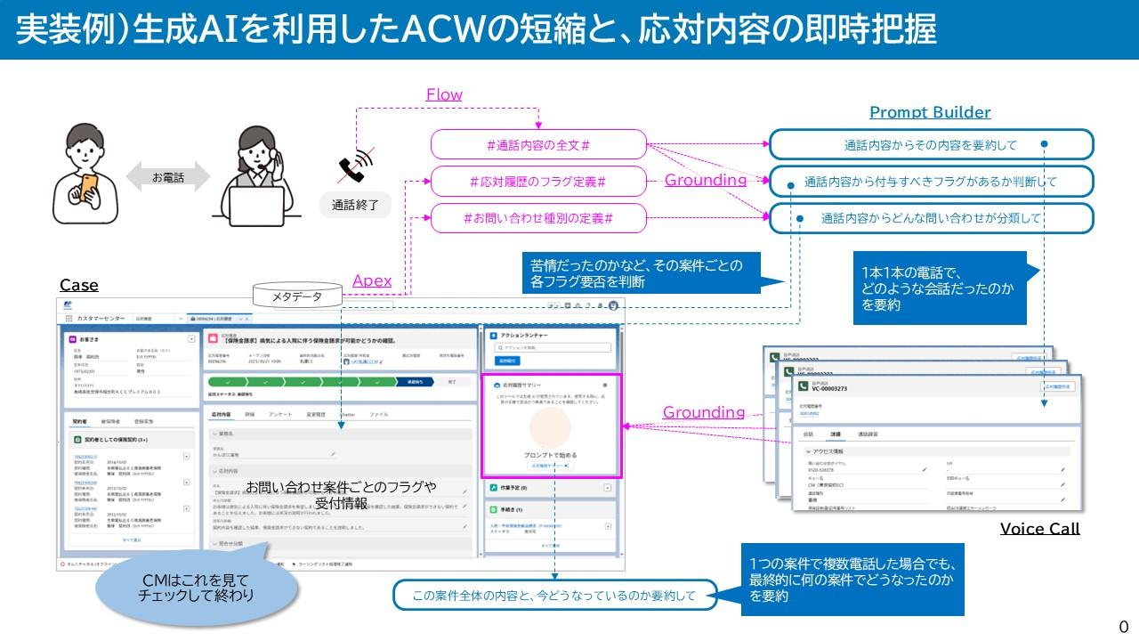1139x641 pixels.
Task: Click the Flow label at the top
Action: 444,94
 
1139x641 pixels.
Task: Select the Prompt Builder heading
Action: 930,112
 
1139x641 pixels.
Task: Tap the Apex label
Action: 372,280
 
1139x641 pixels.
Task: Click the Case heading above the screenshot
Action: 79,285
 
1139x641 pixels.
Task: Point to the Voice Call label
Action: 1039,528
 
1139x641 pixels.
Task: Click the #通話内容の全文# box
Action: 538,144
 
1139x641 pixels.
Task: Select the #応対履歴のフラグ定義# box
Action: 538,182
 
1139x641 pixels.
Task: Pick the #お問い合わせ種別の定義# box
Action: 538,218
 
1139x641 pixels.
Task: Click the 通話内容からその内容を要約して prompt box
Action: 931,144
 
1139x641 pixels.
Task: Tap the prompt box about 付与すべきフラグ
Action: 931,182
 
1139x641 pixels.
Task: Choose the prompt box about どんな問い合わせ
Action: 931,218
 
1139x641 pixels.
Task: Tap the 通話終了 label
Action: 355,205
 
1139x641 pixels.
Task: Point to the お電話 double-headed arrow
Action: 167,178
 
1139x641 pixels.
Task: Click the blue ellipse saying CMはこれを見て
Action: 197,588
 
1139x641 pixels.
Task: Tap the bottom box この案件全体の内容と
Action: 554,596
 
